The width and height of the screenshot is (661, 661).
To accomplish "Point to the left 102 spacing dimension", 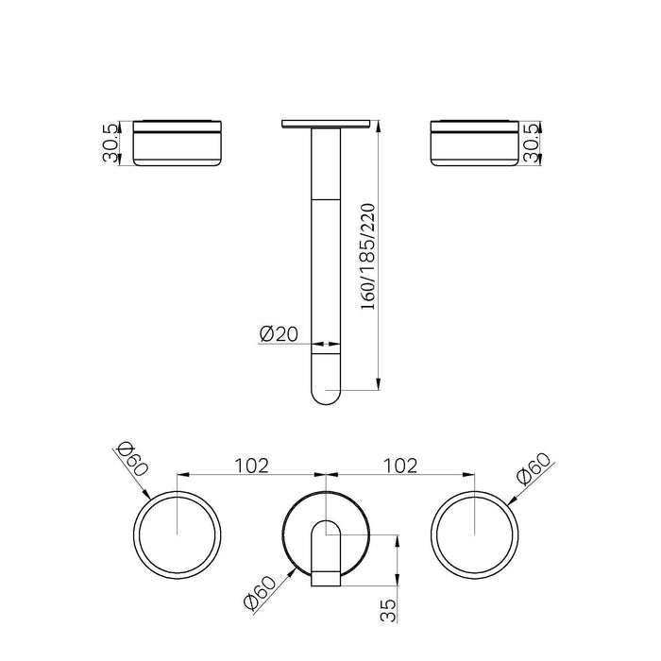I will click(x=252, y=465).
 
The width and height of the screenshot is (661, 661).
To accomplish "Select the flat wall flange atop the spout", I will click(x=325, y=123).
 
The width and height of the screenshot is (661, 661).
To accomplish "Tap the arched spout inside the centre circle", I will click(x=325, y=543).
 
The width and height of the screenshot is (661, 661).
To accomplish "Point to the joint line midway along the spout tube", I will click(x=325, y=200).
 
